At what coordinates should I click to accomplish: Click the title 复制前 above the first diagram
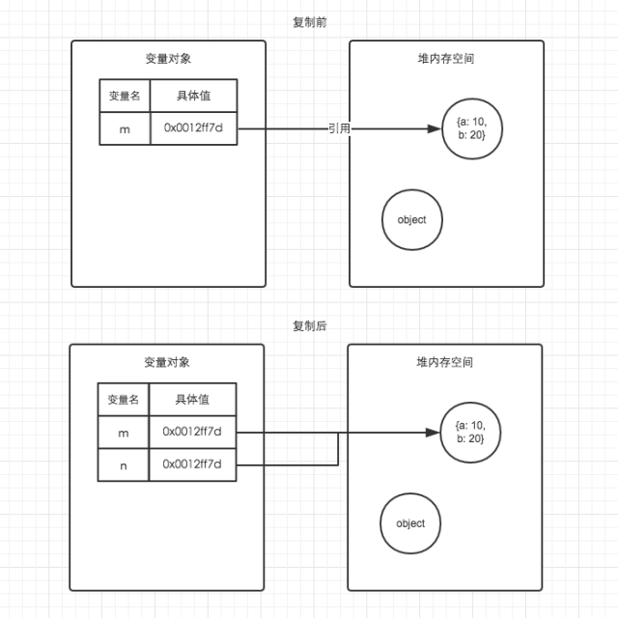[309, 22]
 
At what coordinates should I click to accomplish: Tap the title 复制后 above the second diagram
[309, 326]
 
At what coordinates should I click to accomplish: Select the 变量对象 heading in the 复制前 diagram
[168, 58]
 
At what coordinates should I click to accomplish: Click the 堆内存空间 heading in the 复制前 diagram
[446, 58]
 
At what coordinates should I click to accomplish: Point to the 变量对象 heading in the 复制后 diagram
[167, 362]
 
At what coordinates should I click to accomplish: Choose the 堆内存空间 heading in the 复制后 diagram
[445, 362]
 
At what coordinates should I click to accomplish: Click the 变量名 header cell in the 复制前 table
[125, 96]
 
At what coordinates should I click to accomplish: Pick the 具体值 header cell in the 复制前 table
[193, 96]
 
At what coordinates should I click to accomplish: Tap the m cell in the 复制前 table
[125, 128]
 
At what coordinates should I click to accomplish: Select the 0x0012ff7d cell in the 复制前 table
[193, 128]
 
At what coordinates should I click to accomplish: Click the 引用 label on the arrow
[338, 128]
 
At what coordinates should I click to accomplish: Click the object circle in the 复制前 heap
[411, 220]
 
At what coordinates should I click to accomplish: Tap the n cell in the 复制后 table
[123, 465]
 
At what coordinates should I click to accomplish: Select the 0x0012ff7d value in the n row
[192, 465]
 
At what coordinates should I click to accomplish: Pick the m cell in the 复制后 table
[123, 433]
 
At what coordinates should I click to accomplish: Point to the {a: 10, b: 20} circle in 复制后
[469, 433]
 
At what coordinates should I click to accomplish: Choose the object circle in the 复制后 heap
[410, 523]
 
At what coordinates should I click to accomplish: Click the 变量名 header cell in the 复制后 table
[123, 400]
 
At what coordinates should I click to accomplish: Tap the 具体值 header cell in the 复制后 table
[192, 400]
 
